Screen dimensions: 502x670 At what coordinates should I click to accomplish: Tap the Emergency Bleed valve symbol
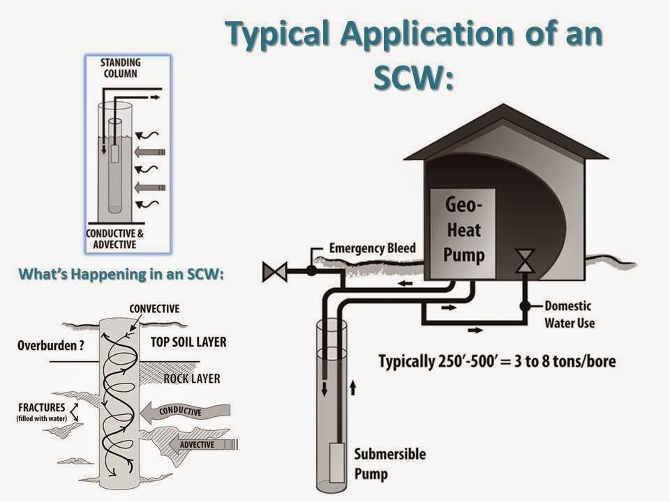(x=274, y=271)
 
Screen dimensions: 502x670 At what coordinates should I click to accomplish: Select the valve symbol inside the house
(x=524, y=261)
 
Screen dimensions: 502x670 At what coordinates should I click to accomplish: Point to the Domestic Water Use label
(x=569, y=314)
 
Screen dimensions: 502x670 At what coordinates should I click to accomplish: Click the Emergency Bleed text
(x=372, y=248)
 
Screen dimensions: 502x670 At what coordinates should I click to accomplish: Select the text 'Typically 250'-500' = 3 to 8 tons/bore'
(x=497, y=362)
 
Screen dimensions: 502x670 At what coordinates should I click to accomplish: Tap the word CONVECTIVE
(x=154, y=308)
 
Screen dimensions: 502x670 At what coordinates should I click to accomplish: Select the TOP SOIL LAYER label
(x=188, y=342)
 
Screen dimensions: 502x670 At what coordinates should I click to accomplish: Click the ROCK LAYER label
(x=192, y=379)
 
